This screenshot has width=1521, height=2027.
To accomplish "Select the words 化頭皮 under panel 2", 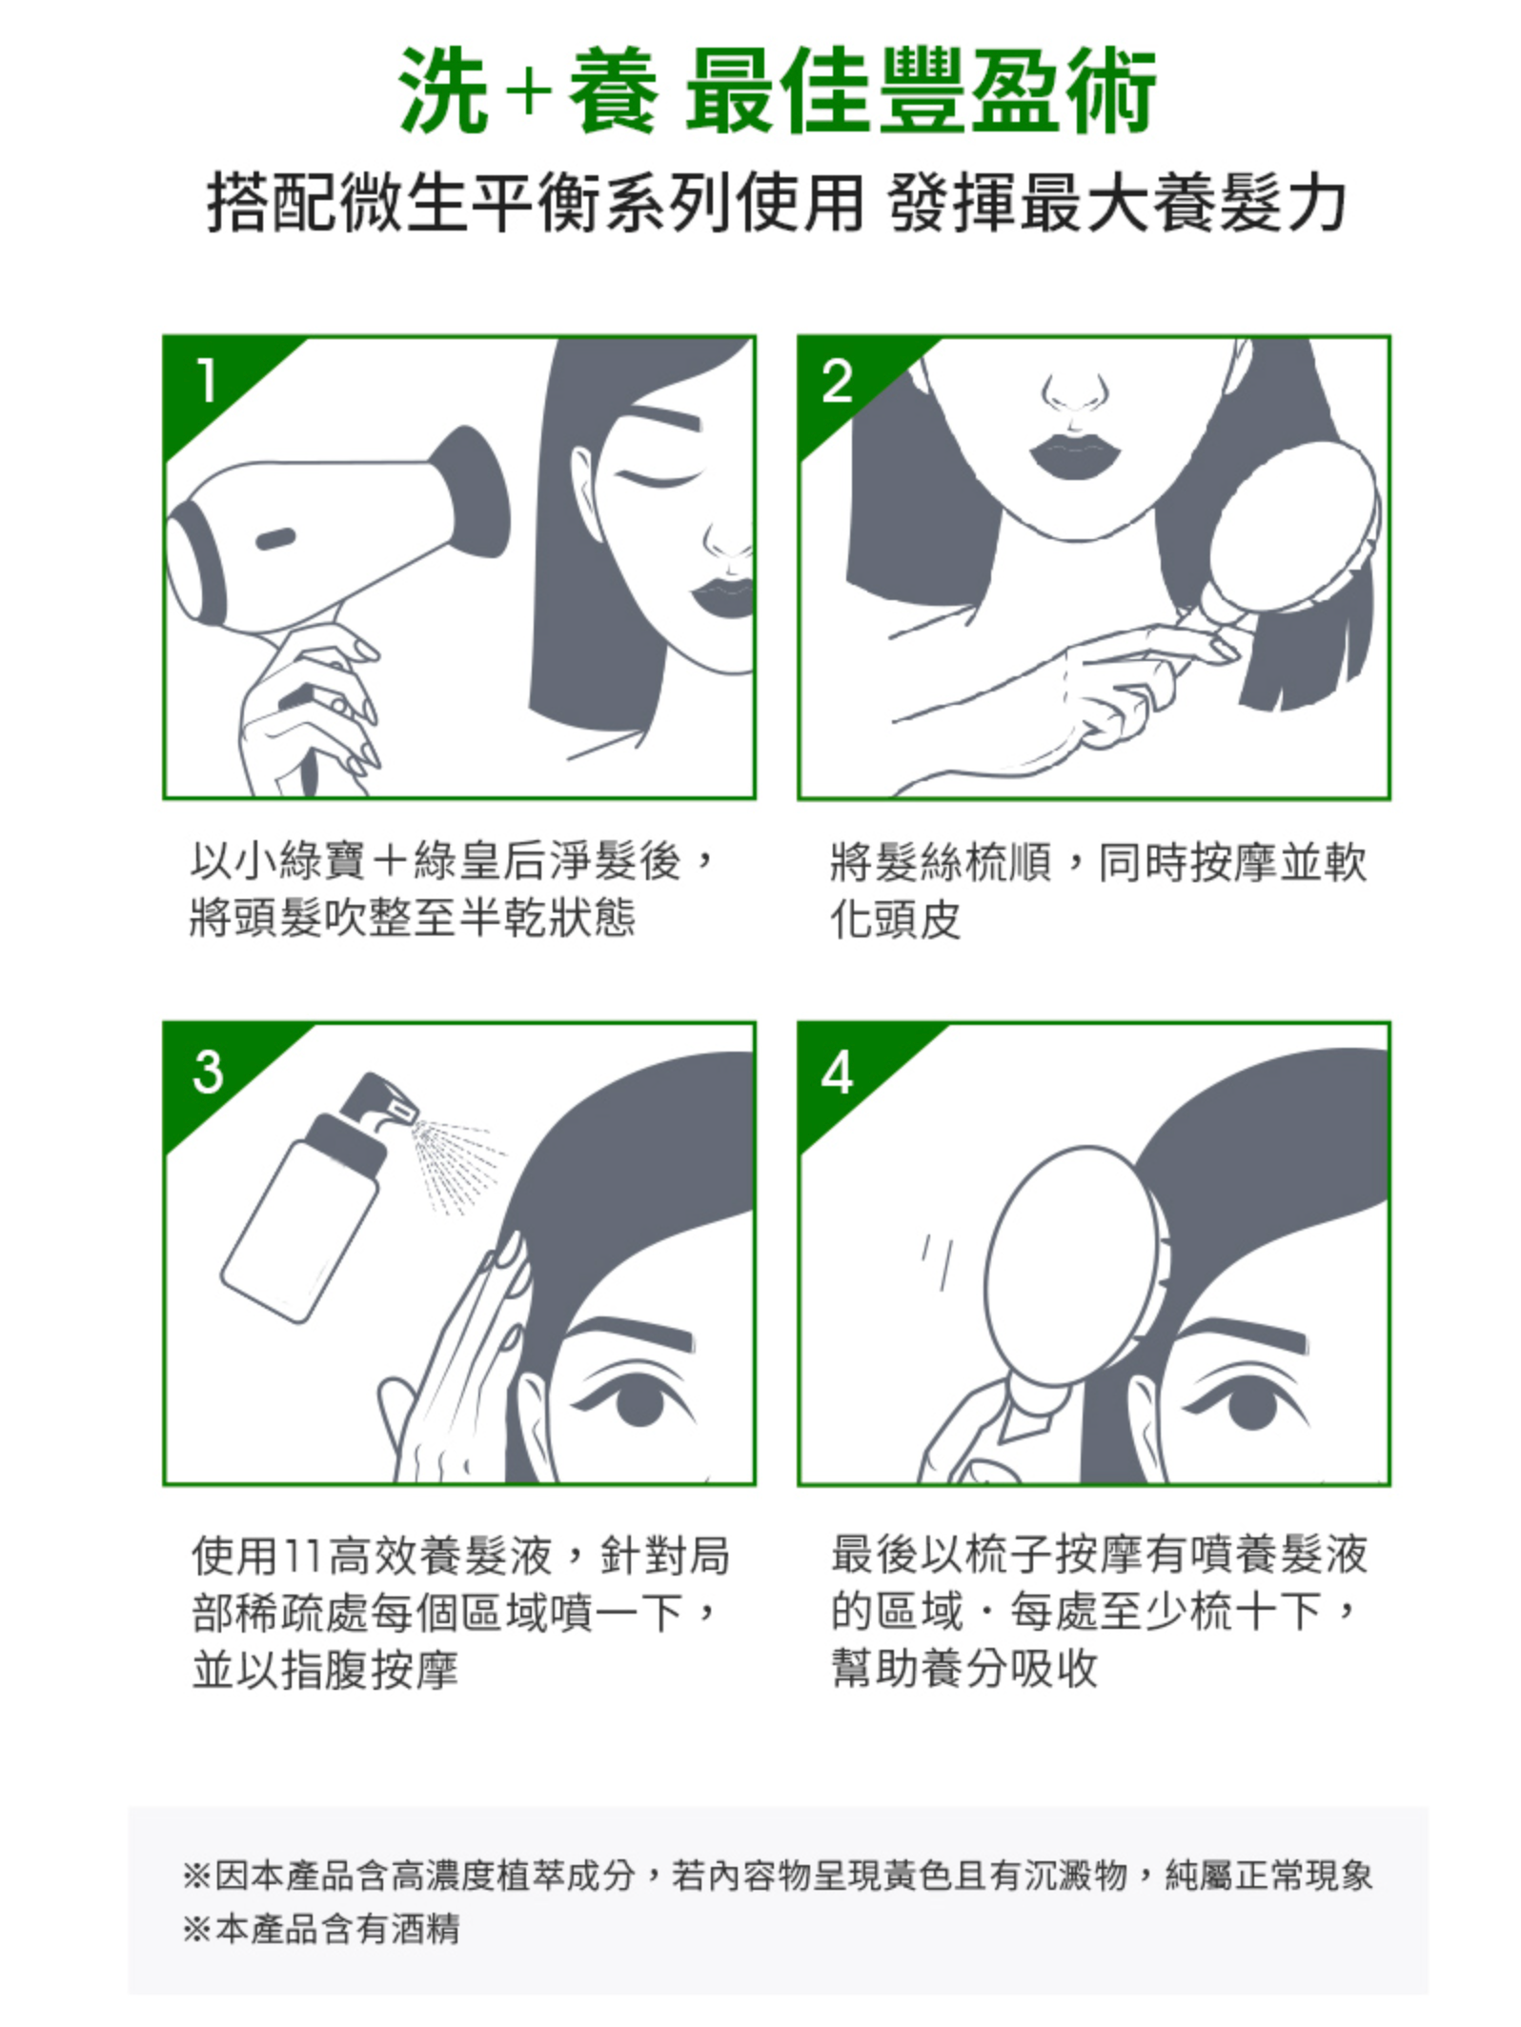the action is point(895,918).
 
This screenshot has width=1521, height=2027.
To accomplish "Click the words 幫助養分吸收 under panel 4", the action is point(964,1668).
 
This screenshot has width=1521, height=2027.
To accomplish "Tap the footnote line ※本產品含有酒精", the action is point(321,1929).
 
